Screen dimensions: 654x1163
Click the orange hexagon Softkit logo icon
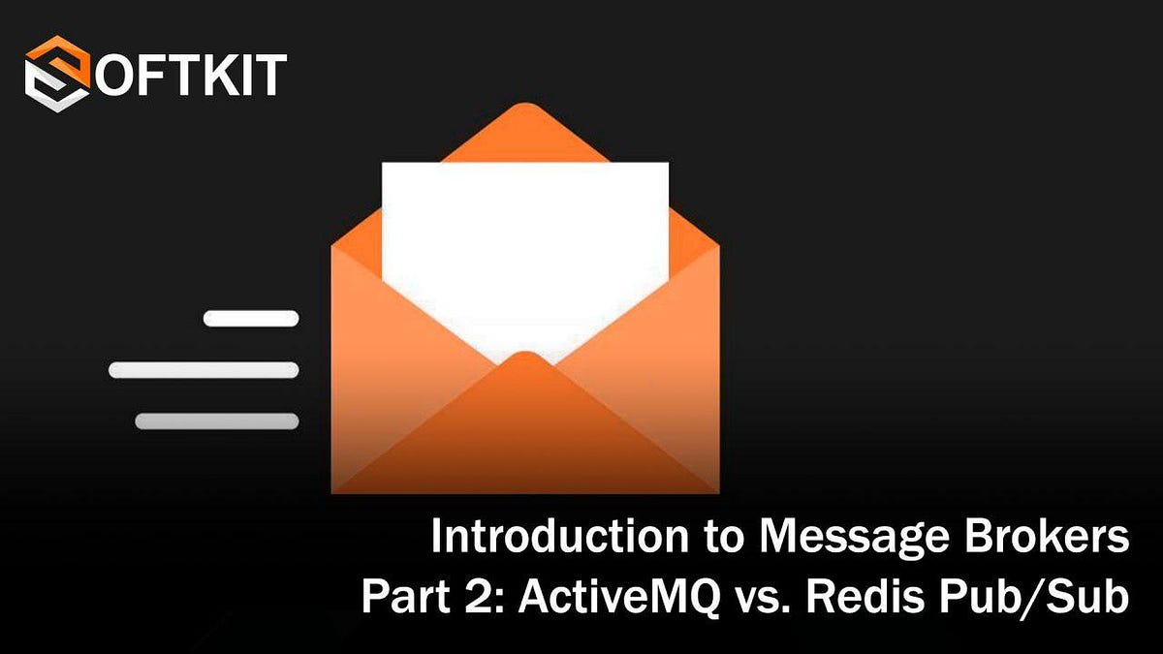57,74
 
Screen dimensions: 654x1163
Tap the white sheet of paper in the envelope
524,252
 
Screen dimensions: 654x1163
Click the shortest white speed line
251,318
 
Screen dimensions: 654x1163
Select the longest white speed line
204,370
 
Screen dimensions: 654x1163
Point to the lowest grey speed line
216,421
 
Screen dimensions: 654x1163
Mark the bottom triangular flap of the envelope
524,436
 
